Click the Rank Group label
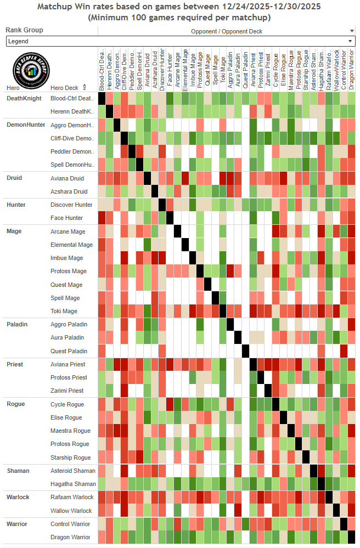tap(25, 30)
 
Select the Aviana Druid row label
tap(67, 178)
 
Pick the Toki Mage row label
tap(64, 311)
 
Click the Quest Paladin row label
tap(69, 351)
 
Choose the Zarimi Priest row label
tap(67, 391)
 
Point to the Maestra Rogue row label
tap(70, 431)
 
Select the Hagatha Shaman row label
tap(73, 484)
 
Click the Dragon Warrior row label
tap(70, 537)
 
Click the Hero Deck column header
tap(64, 88)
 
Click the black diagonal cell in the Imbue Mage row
tap(193, 258)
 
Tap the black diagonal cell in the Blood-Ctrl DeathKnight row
tap(102, 98)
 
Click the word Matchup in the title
tap(57, 7)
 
